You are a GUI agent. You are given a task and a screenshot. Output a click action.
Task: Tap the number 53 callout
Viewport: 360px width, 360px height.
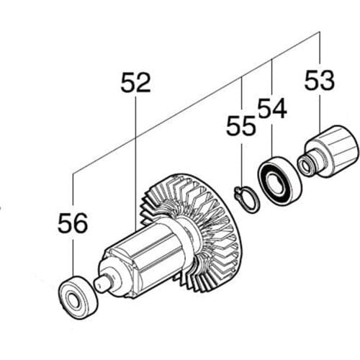point(320,81)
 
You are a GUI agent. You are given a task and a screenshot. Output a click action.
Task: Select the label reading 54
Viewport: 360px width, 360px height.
point(271,109)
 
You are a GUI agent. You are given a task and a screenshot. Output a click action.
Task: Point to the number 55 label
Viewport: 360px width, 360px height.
point(240,127)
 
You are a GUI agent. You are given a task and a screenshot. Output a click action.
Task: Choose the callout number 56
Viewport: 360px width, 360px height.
point(72,223)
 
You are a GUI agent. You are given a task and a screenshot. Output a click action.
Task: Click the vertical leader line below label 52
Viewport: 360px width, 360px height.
point(135,158)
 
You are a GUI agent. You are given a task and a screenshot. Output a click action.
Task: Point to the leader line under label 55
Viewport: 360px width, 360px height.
point(241,162)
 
